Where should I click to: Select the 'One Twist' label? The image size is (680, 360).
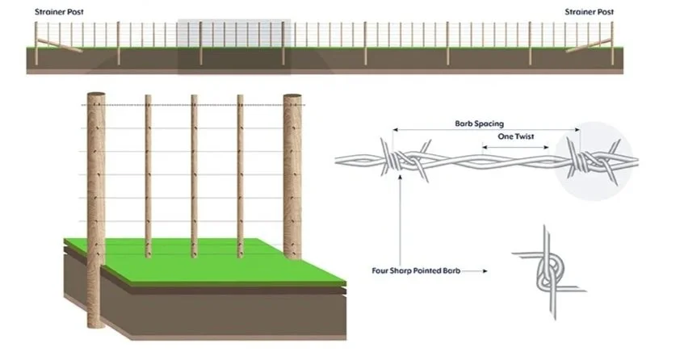[x=517, y=137]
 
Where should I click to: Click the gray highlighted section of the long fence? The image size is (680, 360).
[x=234, y=44]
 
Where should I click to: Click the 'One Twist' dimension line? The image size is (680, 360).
[x=517, y=147]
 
